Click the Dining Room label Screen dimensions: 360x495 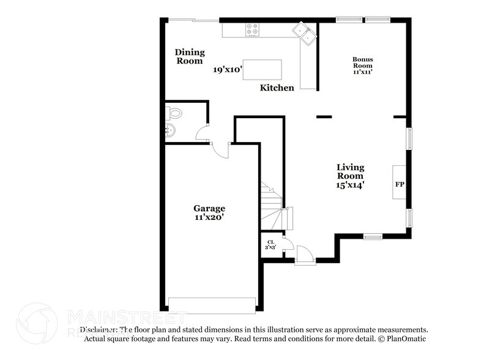(190, 56)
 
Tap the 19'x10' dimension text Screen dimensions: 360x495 (228, 70)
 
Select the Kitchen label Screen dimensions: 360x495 (277, 88)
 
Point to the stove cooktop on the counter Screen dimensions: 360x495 (253, 28)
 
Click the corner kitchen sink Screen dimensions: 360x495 (304, 33)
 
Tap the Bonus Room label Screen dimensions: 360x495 (362, 62)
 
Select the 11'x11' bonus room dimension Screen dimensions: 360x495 (362, 72)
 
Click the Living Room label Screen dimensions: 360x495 (351, 171)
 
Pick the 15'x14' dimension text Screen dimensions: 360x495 (351, 185)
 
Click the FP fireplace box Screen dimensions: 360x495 (400, 183)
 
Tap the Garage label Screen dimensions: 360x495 (210, 208)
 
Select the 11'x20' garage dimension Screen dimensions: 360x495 (210, 217)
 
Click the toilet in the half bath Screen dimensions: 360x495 (174, 113)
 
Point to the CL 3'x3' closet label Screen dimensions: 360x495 (270, 244)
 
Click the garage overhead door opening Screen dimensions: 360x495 (212, 305)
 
